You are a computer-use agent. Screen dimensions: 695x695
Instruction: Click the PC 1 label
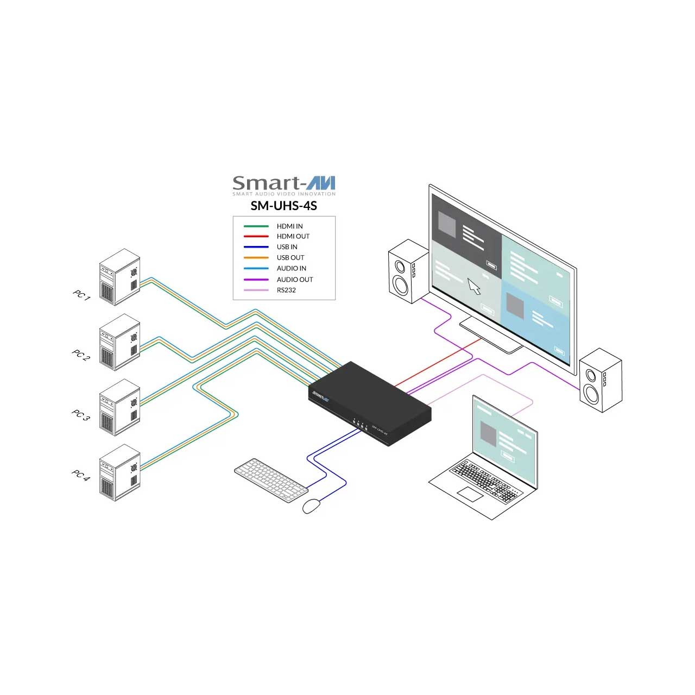(82, 295)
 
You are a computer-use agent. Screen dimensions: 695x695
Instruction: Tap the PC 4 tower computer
(119, 472)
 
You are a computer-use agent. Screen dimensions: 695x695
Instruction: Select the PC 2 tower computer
(119, 342)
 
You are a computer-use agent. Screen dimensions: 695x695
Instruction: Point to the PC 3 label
(81, 415)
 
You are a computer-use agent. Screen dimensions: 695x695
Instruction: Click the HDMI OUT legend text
(293, 236)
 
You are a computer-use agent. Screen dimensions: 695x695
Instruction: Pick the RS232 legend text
(286, 290)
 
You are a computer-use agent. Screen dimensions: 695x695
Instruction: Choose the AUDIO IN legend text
(292, 268)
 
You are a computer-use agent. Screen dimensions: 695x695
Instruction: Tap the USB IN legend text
(287, 247)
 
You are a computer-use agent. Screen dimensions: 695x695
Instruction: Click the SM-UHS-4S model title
(284, 206)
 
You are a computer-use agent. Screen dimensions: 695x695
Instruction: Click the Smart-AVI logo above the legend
(284, 185)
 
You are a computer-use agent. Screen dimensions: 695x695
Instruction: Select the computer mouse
(311, 506)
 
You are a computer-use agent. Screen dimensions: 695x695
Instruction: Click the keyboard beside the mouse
(271, 480)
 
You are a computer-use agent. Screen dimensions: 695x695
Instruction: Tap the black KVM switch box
(370, 403)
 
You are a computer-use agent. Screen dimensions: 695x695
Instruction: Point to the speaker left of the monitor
(409, 271)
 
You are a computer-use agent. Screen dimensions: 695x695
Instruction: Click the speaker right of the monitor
(601, 380)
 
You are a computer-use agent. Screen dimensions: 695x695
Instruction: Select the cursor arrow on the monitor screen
(474, 286)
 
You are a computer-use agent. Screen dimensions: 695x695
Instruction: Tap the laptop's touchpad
(470, 494)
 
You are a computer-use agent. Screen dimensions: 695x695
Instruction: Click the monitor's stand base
(491, 334)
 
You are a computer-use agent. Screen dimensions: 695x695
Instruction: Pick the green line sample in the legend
(256, 226)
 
